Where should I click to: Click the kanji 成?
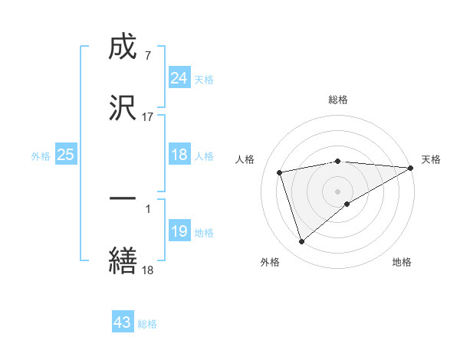click(123, 48)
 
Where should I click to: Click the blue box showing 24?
click(179, 78)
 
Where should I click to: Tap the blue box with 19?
click(179, 231)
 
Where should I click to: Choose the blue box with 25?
click(66, 155)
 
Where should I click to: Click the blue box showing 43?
click(123, 322)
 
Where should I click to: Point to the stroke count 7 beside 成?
click(147, 56)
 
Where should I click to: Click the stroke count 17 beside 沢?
click(148, 117)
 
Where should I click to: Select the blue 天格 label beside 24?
click(204, 79)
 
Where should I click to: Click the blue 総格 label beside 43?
click(147, 324)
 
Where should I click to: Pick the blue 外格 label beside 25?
click(41, 155)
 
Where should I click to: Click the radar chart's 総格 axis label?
click(338, 100)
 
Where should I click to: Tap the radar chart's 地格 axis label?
click(402, 263)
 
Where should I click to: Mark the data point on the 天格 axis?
click(411, 169)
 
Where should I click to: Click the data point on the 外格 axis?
click(301, 242)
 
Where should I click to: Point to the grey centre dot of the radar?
click(338, 191)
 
